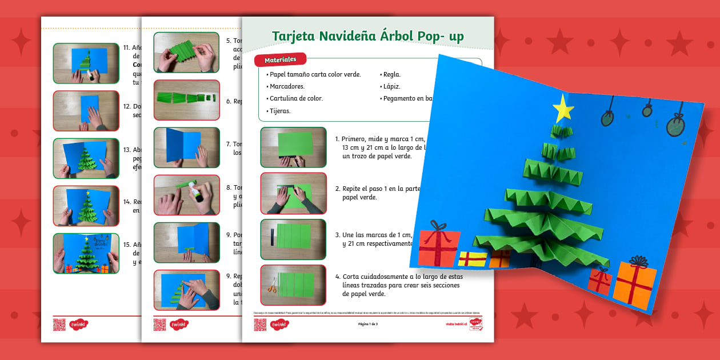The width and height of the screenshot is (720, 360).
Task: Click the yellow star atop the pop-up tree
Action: pyautogui.click(x=563, y=107)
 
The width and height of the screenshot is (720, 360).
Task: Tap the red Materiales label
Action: pyautogui.click(x=280, y=59)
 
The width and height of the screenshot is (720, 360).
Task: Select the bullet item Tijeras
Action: pyautogui.click(x=278, y=111)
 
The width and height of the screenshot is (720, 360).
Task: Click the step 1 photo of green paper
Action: pyautogui.click(x=293, y=147)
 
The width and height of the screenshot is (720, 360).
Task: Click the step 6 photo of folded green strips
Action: pyautogui.click(x=186, y=99)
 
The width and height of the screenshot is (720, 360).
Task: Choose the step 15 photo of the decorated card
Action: pyautogui.click(x=86, y=253)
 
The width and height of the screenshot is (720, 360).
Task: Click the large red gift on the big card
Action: pyautogui.click(x=439, y=247)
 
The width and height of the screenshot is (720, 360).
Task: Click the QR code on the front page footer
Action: pyautogui.click(x=260, y=325)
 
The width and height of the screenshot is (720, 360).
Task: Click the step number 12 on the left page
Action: pyautogui.click(x=127, y=106)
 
